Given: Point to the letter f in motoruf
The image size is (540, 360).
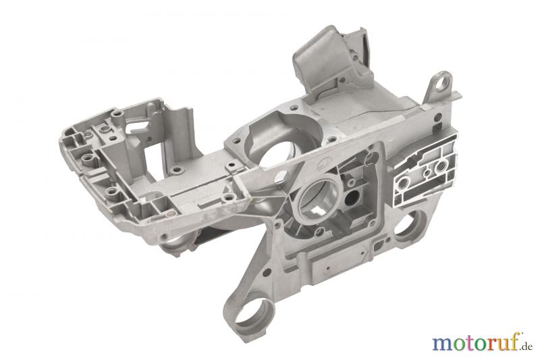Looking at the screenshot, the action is click(514, 342).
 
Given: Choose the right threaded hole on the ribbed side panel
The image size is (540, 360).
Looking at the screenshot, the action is click(441, 168).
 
